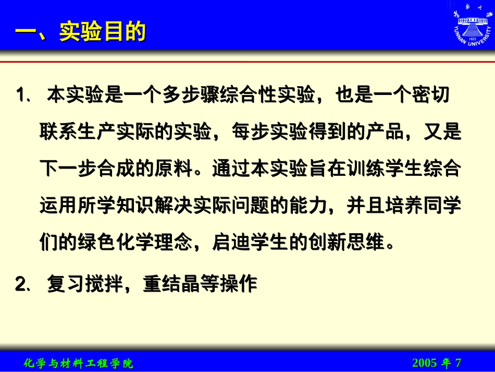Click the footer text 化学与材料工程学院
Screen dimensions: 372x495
click(x=79, y=363)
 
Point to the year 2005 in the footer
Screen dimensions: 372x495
click(x=425, y=363)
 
